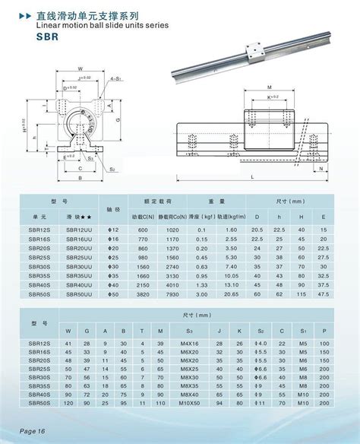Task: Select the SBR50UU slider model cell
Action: [79, 293]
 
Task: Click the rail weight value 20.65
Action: [231, 293]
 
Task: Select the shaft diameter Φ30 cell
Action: [112, 266]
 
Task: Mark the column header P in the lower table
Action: [325, 331]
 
